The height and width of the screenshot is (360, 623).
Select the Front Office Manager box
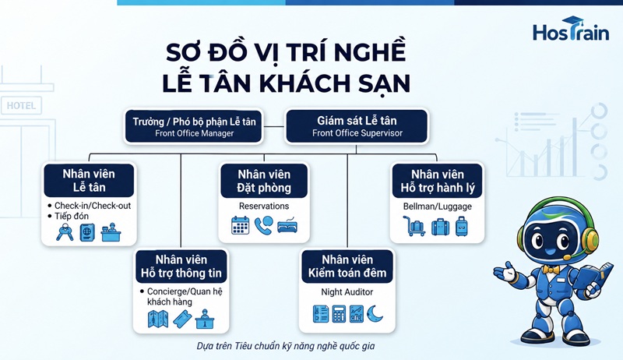(194, 126)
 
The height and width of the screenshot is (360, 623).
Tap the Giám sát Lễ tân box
(357, 126)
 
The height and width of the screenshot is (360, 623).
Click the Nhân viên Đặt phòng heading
(264, 181)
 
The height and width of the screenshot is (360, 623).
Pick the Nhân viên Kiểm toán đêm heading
(347, 266)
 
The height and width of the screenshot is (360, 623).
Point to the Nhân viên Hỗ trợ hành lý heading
(437, 181)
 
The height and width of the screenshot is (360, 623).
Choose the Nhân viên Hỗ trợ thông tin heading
(181, 266)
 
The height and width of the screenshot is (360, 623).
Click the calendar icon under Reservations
(240, 225)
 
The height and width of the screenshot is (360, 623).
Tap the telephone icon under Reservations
(264, 225)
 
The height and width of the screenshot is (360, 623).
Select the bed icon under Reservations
(287, 225)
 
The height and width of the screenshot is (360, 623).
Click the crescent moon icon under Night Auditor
(375, 313)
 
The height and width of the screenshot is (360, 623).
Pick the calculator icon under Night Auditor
(339, 313)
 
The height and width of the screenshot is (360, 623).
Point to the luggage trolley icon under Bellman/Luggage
(414, 226)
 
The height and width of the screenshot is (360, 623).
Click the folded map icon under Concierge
(158, 319)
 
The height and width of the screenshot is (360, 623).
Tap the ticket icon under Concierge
(182, 319)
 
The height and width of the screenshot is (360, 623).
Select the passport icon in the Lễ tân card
(87, 232)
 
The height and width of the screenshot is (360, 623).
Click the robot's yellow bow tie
(551, 270)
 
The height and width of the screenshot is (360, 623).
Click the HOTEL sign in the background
(22, 106)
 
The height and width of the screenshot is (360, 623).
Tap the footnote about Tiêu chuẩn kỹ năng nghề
(286, 346)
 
